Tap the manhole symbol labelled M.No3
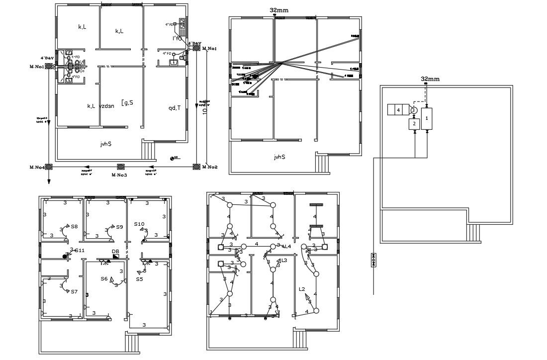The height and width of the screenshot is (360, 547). click(x=121, y=167)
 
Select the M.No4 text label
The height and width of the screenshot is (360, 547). click(x=37, y=168)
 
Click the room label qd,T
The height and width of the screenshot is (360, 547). click(x=175, y=107)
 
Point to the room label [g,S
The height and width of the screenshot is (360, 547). click(x=127, y=103)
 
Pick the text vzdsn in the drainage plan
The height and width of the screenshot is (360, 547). click(x=107, y=106)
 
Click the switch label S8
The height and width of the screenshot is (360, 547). click(x=74, y=226)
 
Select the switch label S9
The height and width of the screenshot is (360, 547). click(x=119, y=227)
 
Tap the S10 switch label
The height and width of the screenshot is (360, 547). click(x=139, y=224)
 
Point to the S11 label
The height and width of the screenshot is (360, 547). click(x=80, y=250)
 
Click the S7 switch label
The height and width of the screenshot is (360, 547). click(x=74, y=291)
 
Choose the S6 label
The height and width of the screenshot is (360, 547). click(x=104, y=279)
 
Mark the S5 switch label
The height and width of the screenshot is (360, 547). click(x=139, y=279)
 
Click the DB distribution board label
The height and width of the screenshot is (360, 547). click(x=115, y=251)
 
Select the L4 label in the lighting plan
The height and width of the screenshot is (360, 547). click(x=287, y=246)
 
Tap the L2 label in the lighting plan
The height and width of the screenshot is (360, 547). click(x=302, y=289)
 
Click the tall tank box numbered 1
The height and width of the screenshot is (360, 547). click(x=427, y=118)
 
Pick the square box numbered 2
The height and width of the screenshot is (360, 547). click(x=414, y=124)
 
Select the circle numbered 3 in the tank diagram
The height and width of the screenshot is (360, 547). click(x=413, y=110)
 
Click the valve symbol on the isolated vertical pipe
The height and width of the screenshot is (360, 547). click(x=373, y=260)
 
